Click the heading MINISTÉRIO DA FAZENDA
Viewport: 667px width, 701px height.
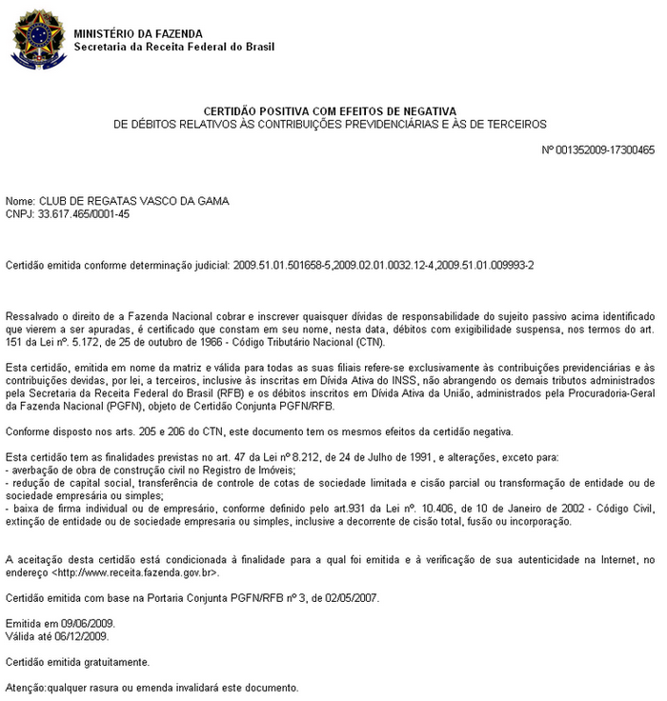pyautogui.click(x=137, y=34)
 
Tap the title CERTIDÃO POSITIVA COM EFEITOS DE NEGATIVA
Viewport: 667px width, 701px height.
pyautogui.click(x=330, y=111)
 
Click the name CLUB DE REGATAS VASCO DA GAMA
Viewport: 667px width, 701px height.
pyautogui.click(x=133, y=201)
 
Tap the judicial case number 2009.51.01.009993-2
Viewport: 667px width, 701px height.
pyautogui.click(x=483, y=264)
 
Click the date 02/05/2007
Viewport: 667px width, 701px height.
pyautogui.click(x=353, y=598)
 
